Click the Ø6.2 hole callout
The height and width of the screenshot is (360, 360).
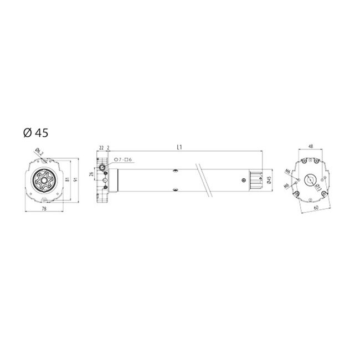pyautogui.click(x=37, y=151)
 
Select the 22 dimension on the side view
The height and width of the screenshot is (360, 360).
pyautogui.click(x=101, y=147)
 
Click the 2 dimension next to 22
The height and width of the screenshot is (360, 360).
pyautogui.click(x=109, y=147)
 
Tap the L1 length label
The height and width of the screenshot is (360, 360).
pyautogui.click(x=179, y=147)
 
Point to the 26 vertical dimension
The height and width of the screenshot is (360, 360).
pyautogui.click(x=92, y=175)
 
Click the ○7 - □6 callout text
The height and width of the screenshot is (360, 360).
pyautogui.click(x=123, y=160)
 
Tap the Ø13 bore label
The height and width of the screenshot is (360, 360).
pyautogui.click(x=318, y=189)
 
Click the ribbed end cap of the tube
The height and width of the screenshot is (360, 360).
pyautogui.click(x=255, y=179)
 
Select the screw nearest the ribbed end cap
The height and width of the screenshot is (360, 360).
pyautogui.click(x=242, y=179)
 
